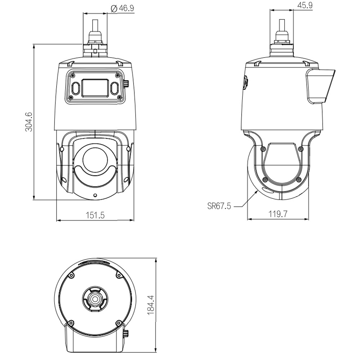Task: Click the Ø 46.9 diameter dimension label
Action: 122,9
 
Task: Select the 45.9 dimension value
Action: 305,5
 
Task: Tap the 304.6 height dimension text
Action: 29,122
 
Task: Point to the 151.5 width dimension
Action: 95,215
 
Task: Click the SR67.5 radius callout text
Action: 219,206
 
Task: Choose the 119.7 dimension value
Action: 278,214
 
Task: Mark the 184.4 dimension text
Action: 151,305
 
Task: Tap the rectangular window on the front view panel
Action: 95,87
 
